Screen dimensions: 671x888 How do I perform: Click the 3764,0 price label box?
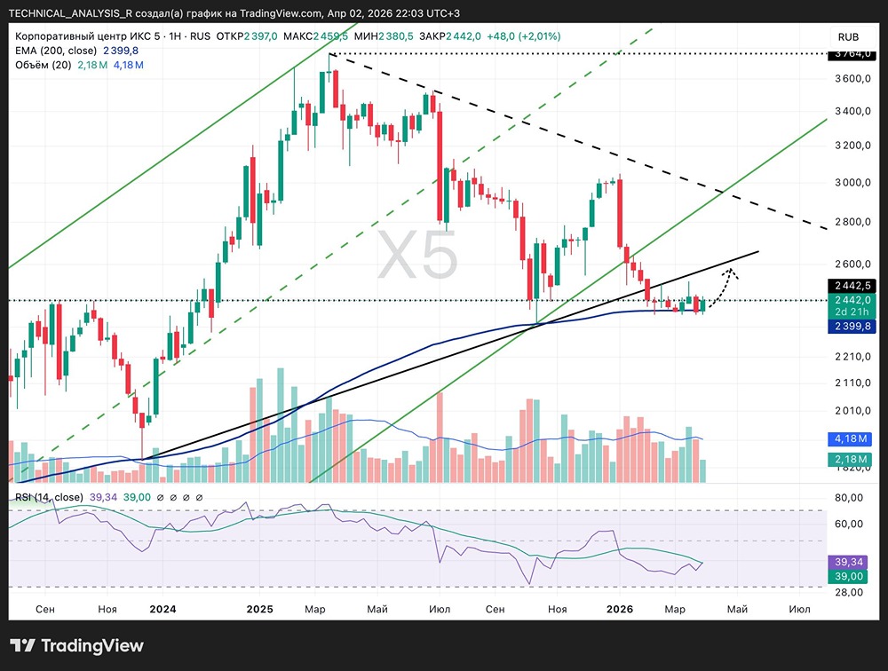tap(851, 54)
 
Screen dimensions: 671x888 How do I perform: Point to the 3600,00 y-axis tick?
tap(850, 80)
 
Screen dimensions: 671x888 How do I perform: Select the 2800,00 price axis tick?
tap(850, 222)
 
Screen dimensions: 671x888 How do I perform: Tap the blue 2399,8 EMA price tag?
tap(851, 327)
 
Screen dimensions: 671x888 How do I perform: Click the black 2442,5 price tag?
tap(851, 286)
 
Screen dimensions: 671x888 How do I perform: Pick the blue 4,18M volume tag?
tap(851, 438)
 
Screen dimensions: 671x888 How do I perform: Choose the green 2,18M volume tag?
tap(851, 458)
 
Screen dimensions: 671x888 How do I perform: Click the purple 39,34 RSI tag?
tap(851, 562)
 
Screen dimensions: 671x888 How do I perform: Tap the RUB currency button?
tap(849, 36)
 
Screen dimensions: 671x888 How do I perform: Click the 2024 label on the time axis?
tap(163, 609)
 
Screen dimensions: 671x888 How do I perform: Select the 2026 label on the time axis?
tap(618, 609)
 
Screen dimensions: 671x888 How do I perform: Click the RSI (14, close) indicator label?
tap(50, 497)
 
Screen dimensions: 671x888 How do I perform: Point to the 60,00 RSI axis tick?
tap(850, 524)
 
